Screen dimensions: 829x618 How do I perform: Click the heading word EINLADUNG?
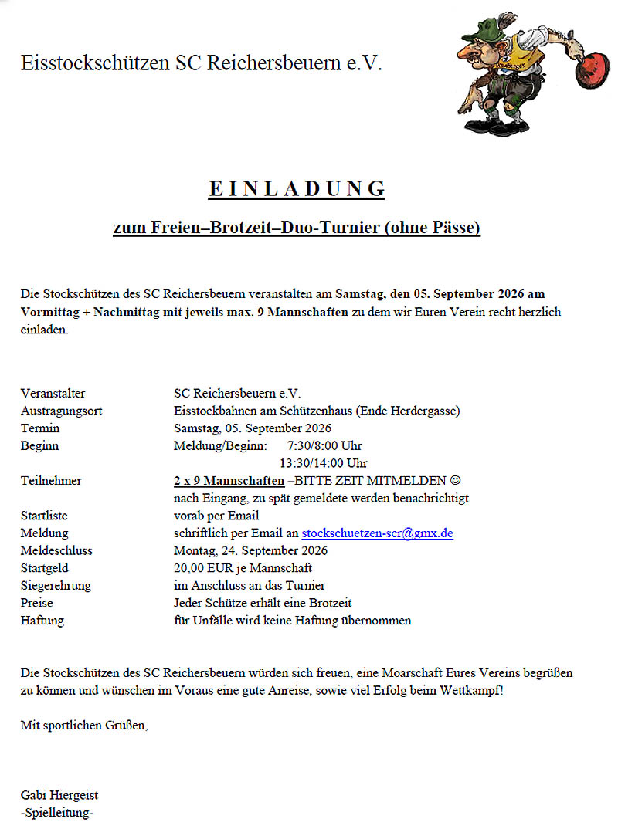pyautogui.click(x=297, y=188)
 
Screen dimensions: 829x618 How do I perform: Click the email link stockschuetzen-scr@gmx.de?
pyautogui.click(x=377, y=533)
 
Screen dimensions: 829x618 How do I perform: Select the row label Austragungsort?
pyautogui.click(x=62, y=411)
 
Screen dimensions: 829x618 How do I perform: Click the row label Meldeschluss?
pyautogui.click(x=56, y=550)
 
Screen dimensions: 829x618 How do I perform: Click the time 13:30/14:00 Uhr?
pyautogui.click(x=323, y=463)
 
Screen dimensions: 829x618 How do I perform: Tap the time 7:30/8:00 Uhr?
pyautogui.click(x=324, y=445)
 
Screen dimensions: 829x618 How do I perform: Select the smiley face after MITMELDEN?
pyautogui.click(x=455, y=481)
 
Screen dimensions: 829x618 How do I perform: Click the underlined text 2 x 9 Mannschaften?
pyautogui.click(x=229, y=481)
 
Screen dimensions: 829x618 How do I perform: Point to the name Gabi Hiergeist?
pyautogui.click(x=59, y=795)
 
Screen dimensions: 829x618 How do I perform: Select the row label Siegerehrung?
pyautogui.click(x=56, y=585)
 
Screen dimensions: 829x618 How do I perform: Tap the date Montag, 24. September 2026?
pyautogui.click(x=250, y=550)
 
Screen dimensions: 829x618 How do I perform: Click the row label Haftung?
pyautogui.click(x=42, y=620)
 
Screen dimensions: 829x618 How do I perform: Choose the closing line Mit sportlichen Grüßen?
pyautogui.click(x=84, y=726)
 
